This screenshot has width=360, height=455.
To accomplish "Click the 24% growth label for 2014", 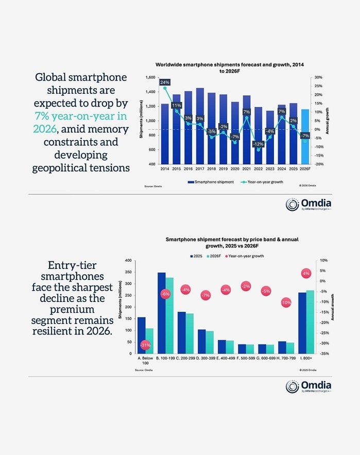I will pyautogui.click(x=165, y=82).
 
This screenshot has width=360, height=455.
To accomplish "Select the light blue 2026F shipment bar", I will pyautogui.click(x=305, y=137).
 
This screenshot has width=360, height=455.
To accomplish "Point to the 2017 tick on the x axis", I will pyautogui.click(x=200, y=168).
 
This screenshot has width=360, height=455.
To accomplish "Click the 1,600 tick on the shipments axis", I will pyautogui.click(x=150, y=78).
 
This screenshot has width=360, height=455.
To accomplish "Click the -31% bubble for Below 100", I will pyautogui.click(x=146, y=345).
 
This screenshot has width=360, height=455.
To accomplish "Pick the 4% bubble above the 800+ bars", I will pyautogui.click(x=306, y=273).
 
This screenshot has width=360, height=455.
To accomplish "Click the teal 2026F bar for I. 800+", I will pyautogui.click(x=310, y=322).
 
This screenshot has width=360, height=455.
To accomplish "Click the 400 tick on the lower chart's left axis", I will pyautogui.click(x=128, y=261).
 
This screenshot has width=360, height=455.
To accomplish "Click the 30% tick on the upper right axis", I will pyautogui.click(x=319, y=78).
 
